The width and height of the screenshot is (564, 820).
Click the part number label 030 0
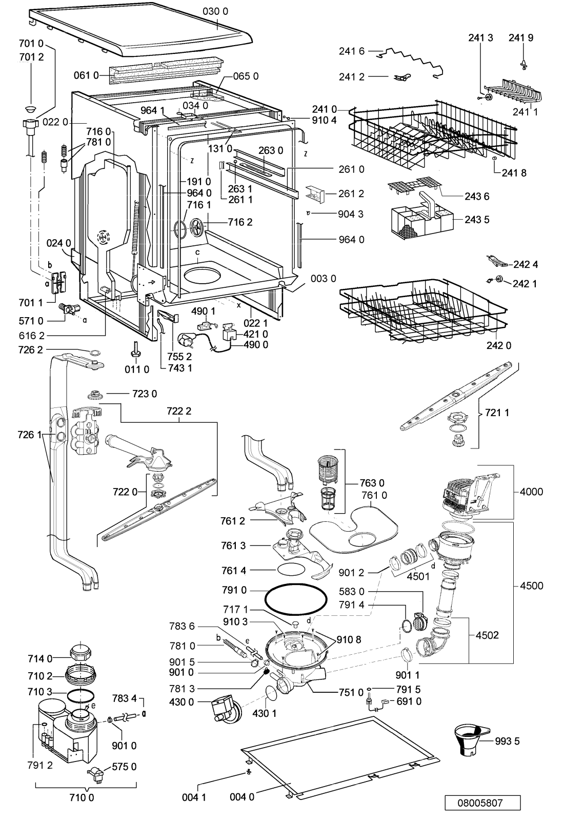(215, 12)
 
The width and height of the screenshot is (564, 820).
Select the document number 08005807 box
(482, 803)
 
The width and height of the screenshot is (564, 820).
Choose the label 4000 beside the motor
(531, 491)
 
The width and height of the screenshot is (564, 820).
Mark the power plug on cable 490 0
(185, 340)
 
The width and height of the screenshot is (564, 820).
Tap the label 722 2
(179, 411)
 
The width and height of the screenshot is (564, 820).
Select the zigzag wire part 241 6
(410, 62)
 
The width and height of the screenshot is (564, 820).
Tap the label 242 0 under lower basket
(499, 345)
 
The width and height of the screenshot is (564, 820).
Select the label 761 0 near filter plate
(374, 495)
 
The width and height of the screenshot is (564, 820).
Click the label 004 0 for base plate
(242, 796)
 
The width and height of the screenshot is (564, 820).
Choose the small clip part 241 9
(522, 65)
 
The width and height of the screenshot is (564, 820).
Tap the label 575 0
(124, 766)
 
